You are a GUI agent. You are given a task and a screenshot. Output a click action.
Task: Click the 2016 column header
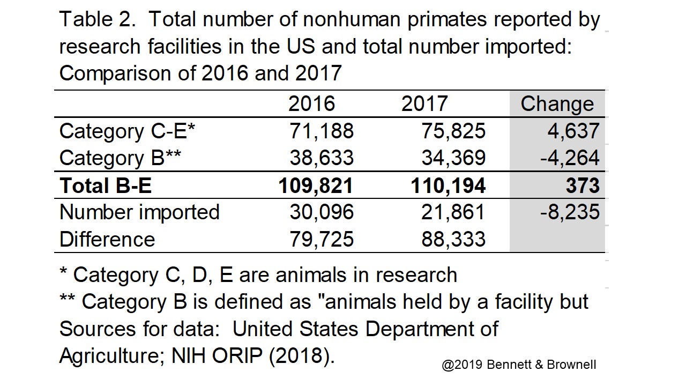[311, 104]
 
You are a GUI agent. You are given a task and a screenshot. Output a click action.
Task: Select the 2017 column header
[424, 104]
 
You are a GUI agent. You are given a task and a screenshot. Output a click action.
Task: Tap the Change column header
[557, 104]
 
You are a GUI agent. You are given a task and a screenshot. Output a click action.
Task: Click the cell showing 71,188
[322, 131]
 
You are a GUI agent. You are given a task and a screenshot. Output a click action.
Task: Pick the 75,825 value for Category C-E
[453, 131]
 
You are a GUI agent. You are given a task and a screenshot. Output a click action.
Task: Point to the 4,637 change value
[573, 131]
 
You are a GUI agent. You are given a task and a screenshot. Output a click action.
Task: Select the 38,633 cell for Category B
[322, 158]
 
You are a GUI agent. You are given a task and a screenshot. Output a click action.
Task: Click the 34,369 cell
[453, 158]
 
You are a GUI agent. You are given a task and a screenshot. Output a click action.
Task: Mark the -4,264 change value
[569, 158]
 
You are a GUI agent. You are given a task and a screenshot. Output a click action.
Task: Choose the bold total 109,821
[316, 185]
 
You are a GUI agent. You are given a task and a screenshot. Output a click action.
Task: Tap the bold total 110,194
[448, 185]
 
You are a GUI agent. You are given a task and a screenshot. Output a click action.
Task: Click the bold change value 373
[583, 185]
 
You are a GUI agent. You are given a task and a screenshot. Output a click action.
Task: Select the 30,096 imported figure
[322, 212]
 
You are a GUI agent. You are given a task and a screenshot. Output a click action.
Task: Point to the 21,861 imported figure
[453, 212]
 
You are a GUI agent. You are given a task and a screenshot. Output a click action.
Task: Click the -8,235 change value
[569, 212]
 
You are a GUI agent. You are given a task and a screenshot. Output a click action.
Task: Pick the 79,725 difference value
[322, 239]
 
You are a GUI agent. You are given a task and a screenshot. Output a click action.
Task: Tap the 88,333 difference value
[453, 239]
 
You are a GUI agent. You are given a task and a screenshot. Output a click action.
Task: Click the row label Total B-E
[106, 185]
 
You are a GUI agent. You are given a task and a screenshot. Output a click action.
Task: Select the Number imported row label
[139, 212]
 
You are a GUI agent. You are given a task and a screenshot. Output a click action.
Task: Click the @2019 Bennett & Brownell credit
[519, 365]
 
